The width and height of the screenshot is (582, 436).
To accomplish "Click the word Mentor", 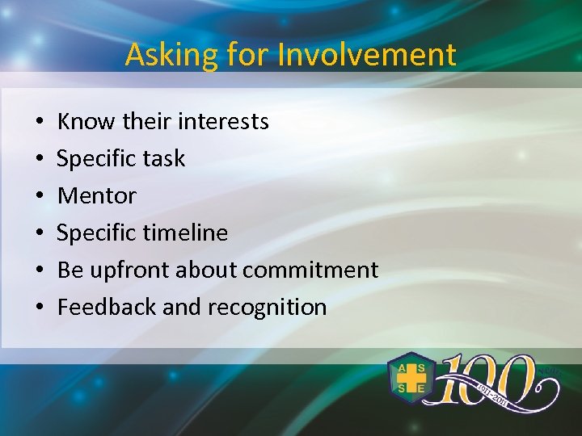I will coord(97,195).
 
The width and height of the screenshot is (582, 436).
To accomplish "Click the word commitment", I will coord(310,270).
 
